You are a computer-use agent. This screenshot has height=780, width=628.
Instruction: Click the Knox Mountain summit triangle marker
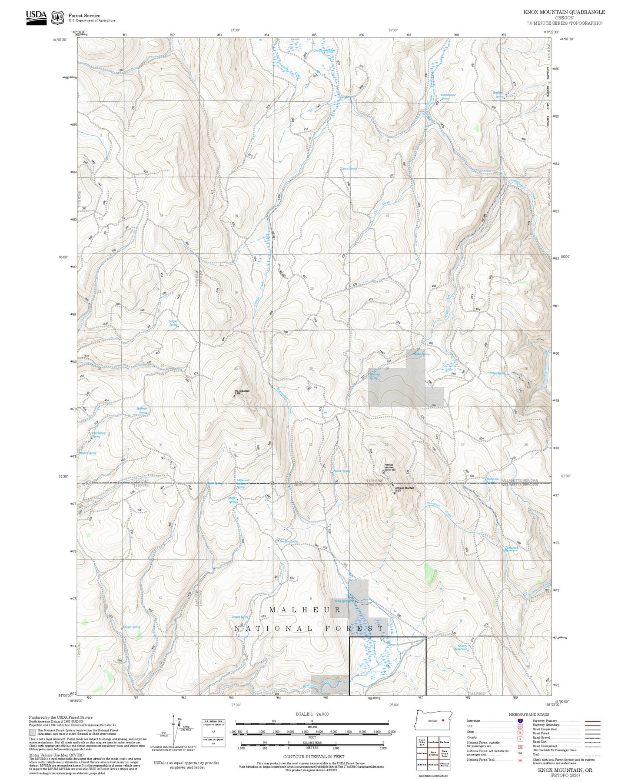(x=234, y=395)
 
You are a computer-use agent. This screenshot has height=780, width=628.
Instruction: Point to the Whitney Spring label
(x=374, y=376)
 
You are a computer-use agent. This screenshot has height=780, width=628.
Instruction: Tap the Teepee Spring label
(x=240, y=617)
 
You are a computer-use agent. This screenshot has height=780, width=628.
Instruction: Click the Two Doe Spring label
(x=289, y=541)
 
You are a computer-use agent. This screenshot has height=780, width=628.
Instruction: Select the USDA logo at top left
(x=36, y=17)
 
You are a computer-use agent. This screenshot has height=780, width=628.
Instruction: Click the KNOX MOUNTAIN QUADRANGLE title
(x=564, y=12)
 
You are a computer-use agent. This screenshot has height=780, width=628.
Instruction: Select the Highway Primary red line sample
(x=592, y=721)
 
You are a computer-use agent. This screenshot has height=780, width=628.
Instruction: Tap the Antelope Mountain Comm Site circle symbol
(x=383, y=472)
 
